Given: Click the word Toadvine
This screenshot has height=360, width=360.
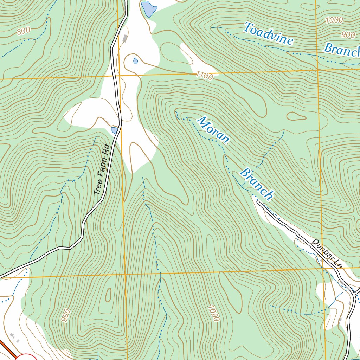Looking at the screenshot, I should [269, 34].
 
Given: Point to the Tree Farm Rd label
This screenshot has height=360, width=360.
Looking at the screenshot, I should [102, 171].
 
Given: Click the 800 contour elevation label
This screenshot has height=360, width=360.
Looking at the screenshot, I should [23, 31].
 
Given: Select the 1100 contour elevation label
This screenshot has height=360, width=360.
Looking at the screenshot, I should [205, 75].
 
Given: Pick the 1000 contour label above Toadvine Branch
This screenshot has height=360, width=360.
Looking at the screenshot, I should [334, 20].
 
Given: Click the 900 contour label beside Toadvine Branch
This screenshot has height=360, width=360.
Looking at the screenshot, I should [348, 34].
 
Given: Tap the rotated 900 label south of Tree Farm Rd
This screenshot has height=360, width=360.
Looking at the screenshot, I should [65, 315].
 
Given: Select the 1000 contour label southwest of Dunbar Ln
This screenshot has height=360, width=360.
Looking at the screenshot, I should [213, 313].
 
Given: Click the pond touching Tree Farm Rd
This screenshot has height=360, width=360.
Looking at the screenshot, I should [115, 130].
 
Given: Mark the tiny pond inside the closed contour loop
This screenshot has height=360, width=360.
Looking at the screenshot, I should [135, 60].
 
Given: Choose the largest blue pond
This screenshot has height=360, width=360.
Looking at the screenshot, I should [149, 9].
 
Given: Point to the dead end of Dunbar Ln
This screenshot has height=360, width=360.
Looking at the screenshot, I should [258, 202].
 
